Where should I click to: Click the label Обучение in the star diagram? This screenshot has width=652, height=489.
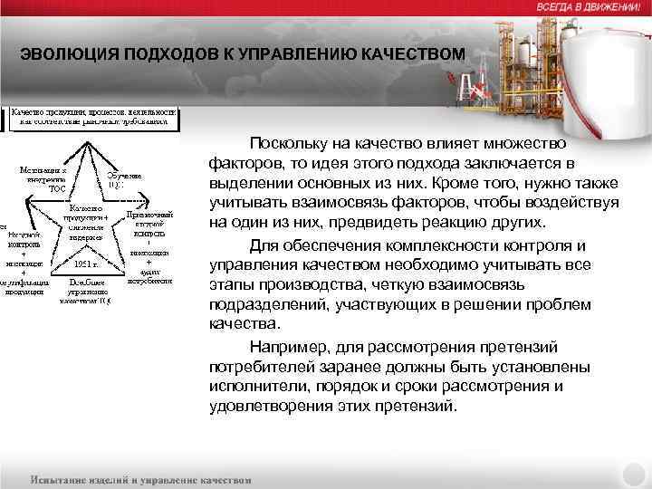tap(123, 176)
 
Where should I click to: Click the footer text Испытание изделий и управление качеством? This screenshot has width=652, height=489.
tap(140, 478)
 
